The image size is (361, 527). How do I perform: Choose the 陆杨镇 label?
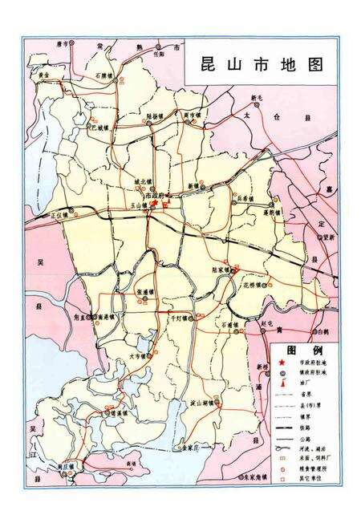(158, 115)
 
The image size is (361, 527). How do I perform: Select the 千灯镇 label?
(173, 318)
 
